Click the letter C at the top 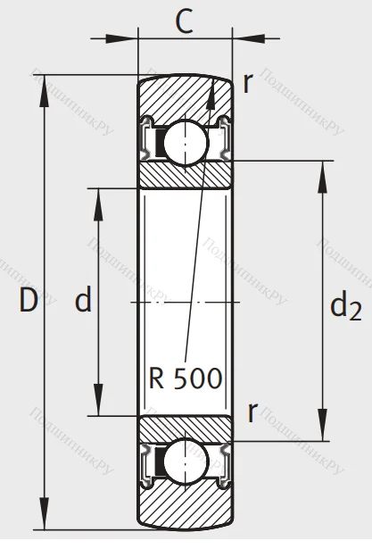(185, 21)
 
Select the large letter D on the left (28, 301)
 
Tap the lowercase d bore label (83, 302)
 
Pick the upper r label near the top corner (248, 82)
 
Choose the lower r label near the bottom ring (252, 412)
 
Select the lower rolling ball (186, 460)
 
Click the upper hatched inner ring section (186, 174)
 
